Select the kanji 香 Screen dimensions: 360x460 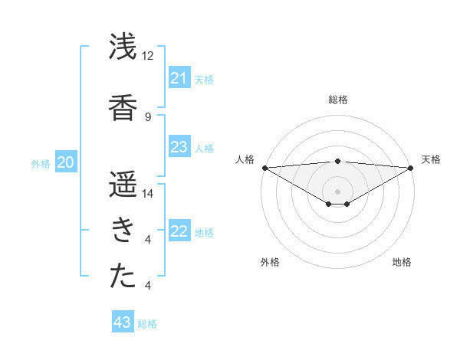coord(123,105)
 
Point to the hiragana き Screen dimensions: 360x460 coord(123,229)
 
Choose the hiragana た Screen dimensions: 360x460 coord(123,275)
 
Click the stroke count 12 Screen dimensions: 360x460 coord(148,56)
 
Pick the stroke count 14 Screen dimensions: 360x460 coord(148,194)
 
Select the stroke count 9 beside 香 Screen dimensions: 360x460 coord(148,116)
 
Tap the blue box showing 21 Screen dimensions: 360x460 coord(179,78)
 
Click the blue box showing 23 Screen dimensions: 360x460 coord(179,147)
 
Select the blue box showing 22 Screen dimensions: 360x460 coord(179,231)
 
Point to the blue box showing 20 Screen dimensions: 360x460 coord(66,162)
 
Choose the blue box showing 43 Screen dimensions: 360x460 coord(122,322)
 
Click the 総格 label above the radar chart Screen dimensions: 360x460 coord(337,100)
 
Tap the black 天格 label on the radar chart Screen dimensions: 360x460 coord(431,159)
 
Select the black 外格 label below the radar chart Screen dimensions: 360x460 coord(270,262)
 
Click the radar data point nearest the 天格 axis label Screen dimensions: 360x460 coord(411,168)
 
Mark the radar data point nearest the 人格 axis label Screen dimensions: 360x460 coord(264,168)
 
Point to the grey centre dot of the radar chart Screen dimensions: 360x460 coord(337,191)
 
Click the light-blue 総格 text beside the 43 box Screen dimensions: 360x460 coord(147,323)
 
